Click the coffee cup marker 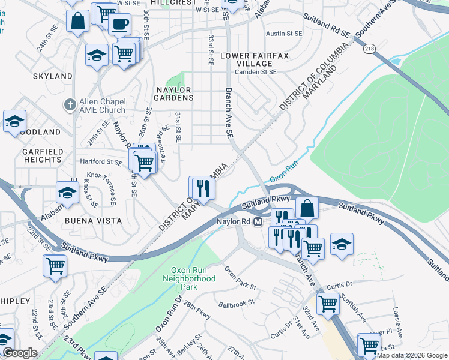119,24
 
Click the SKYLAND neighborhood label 53,76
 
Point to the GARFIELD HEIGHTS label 42,156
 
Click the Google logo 20,353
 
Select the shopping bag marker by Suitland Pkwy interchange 307,208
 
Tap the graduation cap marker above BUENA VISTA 68,193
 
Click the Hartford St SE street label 101,161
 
